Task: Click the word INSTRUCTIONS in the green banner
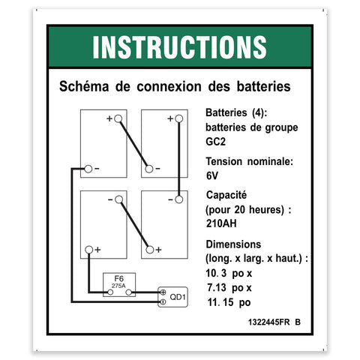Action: pos(179,47)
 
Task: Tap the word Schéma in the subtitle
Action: pos(84,86)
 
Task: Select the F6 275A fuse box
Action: pos(119,285)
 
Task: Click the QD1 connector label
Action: pos(178,297)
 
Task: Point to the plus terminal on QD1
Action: pos(163,292)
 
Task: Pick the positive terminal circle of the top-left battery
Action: pos(118,118)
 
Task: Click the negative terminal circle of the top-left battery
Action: pos(88,169)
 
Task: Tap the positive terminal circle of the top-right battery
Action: pos(178,118)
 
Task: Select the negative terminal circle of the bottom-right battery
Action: pos(178,199)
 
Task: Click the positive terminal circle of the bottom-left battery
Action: pos(88,250)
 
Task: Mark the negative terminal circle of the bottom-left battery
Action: pos(118,199)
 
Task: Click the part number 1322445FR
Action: pos(268,322)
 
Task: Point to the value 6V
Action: pos(212,175)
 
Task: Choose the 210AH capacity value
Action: pos(221,223)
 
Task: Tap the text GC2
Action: pos(215,142)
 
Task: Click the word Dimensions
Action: pos(233,244)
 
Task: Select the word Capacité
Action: pos(226,195)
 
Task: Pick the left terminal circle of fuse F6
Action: pos(110,292)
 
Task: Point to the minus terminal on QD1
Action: pos(163,302)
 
